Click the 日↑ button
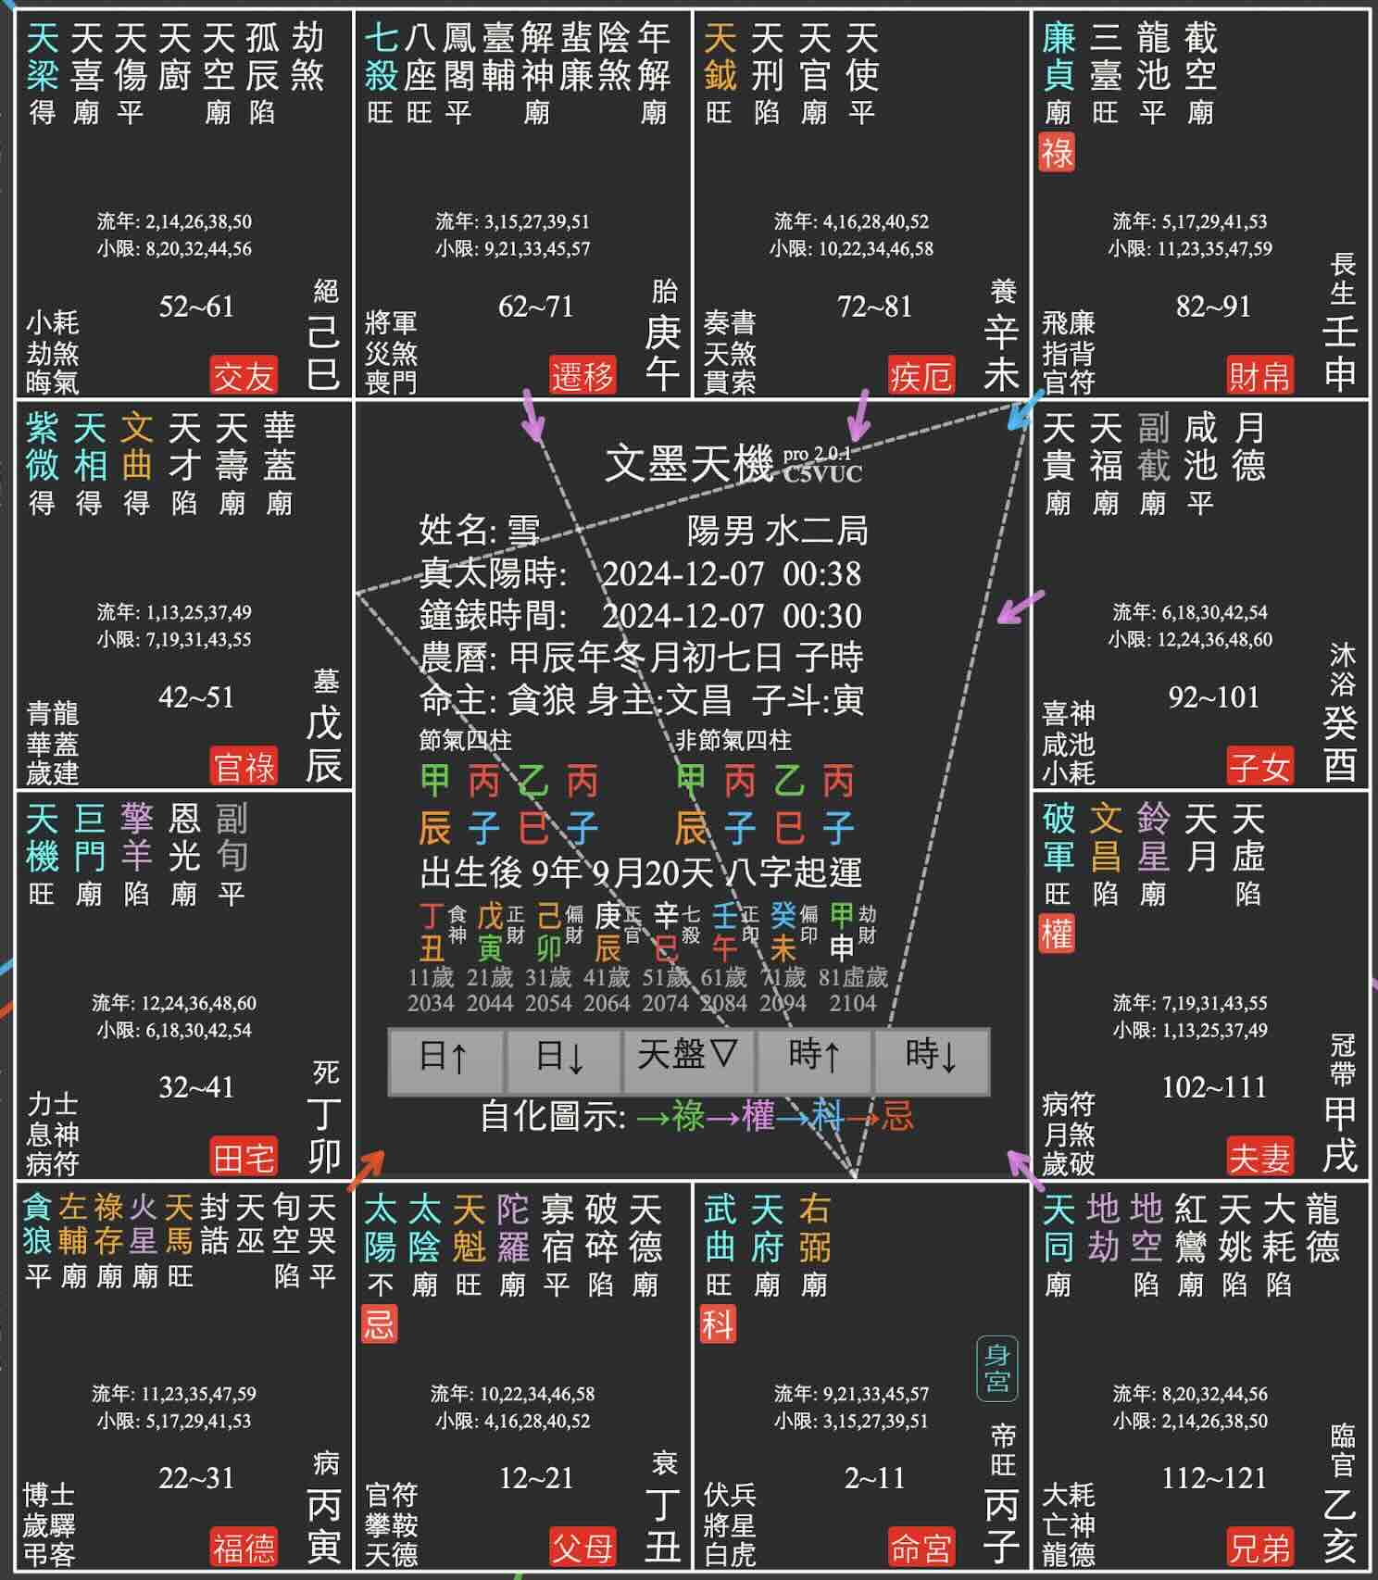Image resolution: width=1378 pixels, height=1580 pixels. (x=445, y=1059)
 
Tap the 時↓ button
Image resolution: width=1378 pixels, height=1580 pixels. (x=931, y=1059)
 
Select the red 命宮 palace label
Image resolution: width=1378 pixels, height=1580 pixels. (x=921, y=1548)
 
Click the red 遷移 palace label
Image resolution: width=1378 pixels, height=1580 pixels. (x=583, y=375)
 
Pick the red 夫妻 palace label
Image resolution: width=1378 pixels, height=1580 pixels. (x=1259, y=1157)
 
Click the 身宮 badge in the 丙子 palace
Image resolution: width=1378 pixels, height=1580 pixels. (x=996, y=1368)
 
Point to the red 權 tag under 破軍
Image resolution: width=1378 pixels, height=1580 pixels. (x=1057, y=934)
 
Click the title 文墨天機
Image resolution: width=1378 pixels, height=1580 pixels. (x=689, y=463)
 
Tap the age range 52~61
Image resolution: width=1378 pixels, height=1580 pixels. (x=196, y=307)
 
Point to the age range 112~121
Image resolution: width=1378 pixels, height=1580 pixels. (x=1213, y=1477)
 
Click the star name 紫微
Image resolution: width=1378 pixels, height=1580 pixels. (x=43, y=446)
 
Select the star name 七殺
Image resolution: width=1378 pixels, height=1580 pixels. (x=382, y=56)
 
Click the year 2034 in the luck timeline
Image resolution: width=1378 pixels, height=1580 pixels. (x=431, y=1003)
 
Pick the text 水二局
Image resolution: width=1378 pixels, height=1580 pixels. (x=817, y=531)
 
